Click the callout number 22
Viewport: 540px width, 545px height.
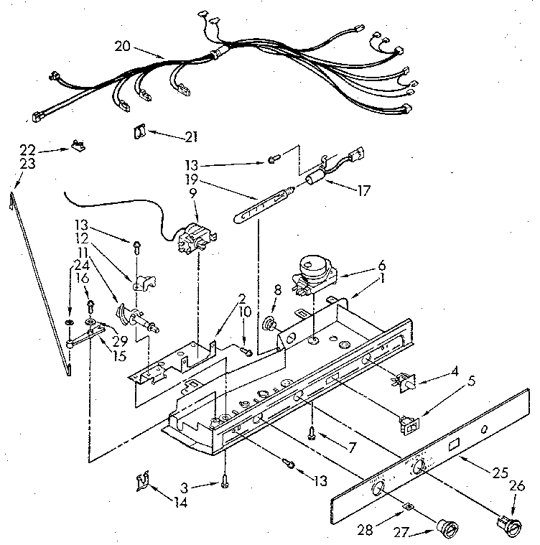(28, 149)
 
